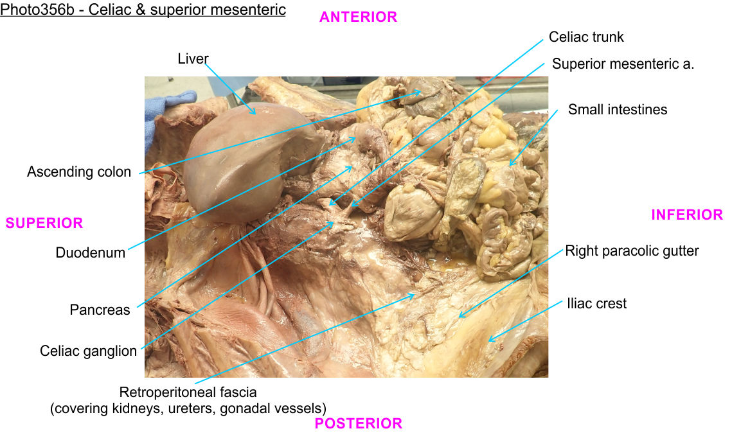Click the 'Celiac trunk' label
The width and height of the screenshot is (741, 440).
(x=586, y=37)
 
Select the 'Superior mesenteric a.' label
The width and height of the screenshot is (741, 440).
(x=623, y=64)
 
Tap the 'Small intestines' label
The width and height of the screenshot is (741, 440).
(x=618, y=110)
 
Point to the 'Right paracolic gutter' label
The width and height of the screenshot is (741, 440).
(x=632, y=251)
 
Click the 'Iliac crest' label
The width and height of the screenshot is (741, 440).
(x=597, y=304)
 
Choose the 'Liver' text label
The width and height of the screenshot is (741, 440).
(x=193, y=58)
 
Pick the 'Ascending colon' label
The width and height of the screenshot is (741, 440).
(x=79, y=172)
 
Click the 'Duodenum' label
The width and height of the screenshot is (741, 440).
(x=90, y=252)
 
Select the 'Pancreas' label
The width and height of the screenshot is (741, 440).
(x=100, y=310)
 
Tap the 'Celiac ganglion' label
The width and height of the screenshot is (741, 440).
(x=89, y=351)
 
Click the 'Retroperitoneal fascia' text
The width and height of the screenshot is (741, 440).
(x=188, y=392)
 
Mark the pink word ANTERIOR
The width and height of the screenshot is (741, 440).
(x=358, y=17)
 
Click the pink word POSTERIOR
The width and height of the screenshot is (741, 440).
(x=358, y=423)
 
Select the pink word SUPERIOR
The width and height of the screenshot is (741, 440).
(x=44, y=223)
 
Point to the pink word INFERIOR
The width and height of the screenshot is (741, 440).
(x=687, y=215)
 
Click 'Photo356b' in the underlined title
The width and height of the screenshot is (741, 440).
(x=37, y=10)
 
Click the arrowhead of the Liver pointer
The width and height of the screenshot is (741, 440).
(x=254, y=113)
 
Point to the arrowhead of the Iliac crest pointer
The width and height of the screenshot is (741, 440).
(x=490, y=339)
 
